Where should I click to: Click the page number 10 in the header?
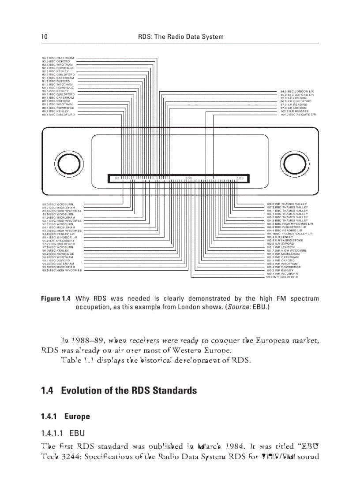click(44, 37)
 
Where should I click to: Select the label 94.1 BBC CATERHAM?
click(58, 58)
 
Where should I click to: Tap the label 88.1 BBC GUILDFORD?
click(58, 115)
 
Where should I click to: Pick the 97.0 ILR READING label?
click(294, 105)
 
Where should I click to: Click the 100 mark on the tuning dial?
click(188, 178)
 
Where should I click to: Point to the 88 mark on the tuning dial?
click(117, 178)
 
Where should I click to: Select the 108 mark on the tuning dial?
click(240, 178)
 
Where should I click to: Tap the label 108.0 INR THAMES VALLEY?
click(287, 205)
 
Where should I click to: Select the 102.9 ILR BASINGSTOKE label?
click(285, 241)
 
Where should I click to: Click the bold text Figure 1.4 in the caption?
click(56, 299)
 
